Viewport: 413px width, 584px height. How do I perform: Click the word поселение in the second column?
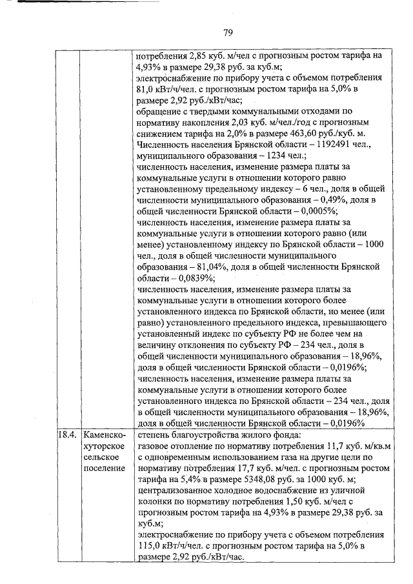105,468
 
